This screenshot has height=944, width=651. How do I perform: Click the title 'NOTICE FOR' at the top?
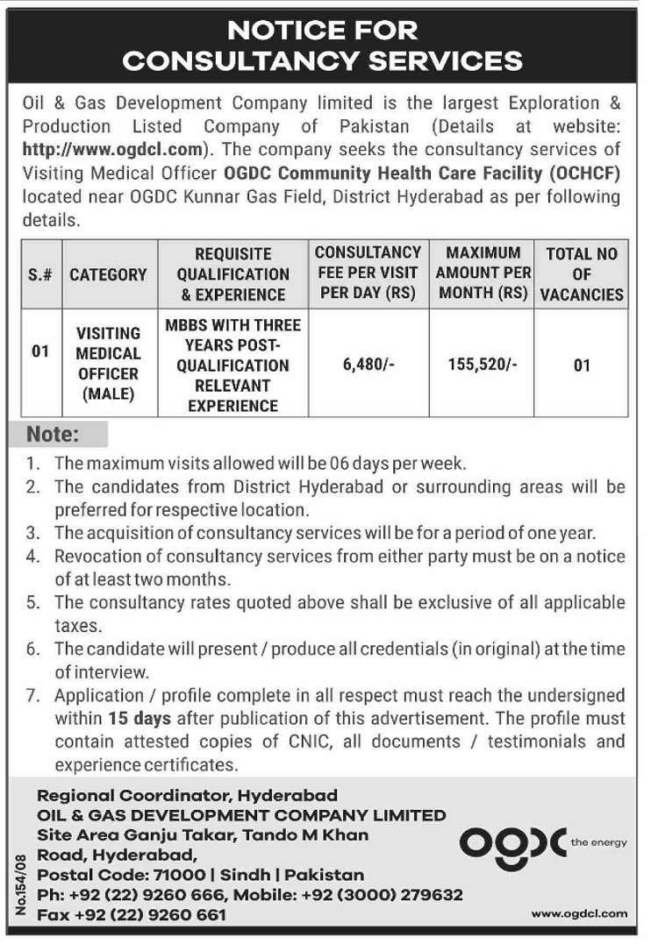324,31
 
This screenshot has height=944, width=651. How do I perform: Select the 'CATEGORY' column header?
108,274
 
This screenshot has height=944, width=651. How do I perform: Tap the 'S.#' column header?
39,274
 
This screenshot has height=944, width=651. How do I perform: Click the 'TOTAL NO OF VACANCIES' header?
582,274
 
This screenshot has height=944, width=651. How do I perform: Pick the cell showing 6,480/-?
368,365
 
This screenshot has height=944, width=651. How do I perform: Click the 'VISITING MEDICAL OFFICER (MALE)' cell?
108,364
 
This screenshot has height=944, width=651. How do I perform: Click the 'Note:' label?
54,434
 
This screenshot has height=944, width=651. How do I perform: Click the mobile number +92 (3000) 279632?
382,895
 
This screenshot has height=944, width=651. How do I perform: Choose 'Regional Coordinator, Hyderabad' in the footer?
186,796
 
